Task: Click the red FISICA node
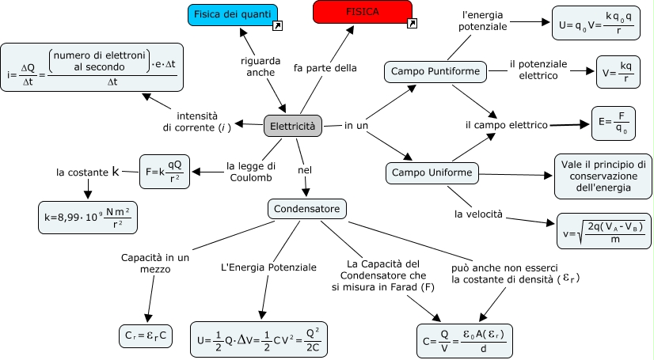click(x=362, y=12)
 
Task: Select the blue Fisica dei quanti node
click(x=233, y=14)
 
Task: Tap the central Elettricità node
click(x=292, y=126)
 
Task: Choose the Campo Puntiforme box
click(x=435, y=72)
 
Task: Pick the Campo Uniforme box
click(x=432, y=172)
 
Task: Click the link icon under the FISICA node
click(x=411, y=25)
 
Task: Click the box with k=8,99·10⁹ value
click(x=88, y=218)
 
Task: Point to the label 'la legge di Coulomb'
click(x=251, y=172)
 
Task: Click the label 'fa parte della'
click(x=325, y=68)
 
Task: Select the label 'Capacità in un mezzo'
click(x=155, y=263)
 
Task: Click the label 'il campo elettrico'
click(x=507, y=125)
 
